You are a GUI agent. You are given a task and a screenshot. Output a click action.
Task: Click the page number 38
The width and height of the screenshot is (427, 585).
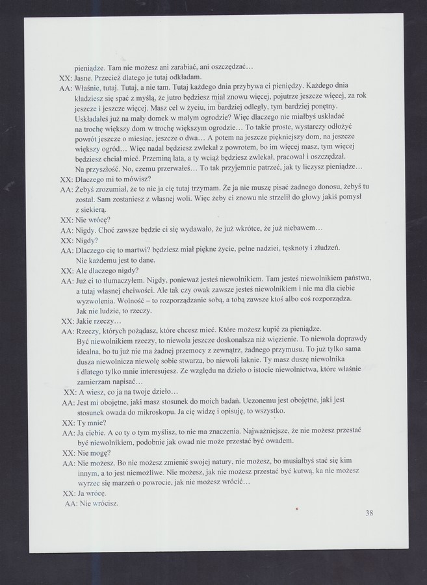369,513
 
